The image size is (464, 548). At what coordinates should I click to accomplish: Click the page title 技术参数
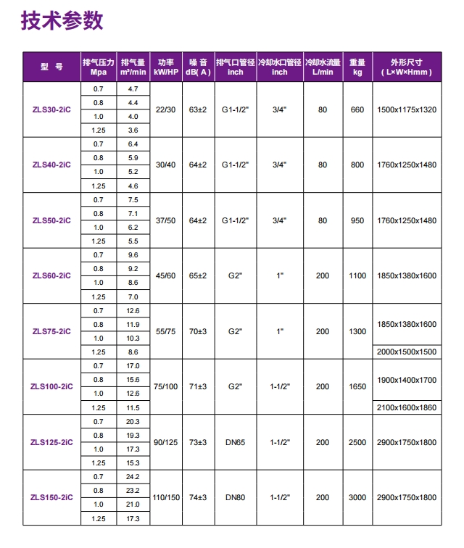point(62,21)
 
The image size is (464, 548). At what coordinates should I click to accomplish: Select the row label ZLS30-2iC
point(51,109)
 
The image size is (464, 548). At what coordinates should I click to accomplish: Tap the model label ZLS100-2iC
point(51,387)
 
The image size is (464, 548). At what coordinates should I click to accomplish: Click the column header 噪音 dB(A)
point(198,67)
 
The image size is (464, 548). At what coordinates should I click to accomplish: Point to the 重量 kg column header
point(357,67)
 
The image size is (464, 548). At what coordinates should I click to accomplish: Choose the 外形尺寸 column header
point(406,67)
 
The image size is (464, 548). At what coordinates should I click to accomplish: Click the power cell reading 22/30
point(165,109)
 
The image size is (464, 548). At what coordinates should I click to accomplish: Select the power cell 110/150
point(165,498)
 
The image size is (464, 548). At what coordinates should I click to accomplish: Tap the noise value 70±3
point(198,331)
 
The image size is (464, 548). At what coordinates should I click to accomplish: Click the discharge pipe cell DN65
point(235,442)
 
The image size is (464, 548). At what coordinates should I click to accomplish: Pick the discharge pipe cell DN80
point(235,498)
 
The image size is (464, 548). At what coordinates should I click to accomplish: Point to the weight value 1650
point(357,387)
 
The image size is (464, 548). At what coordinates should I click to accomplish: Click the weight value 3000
point(357,498)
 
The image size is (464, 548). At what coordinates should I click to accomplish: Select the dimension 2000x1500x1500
point(407,352)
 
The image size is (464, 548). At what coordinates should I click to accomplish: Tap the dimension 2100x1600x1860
point(407,408)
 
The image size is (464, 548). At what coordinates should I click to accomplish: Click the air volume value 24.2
point(133,477)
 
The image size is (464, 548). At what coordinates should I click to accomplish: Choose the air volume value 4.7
point(133,89)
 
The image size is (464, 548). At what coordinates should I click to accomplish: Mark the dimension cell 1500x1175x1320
point(407,109)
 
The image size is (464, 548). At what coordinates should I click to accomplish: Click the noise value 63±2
point(198,109)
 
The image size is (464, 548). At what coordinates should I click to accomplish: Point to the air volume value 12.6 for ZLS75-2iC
point(133,311)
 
